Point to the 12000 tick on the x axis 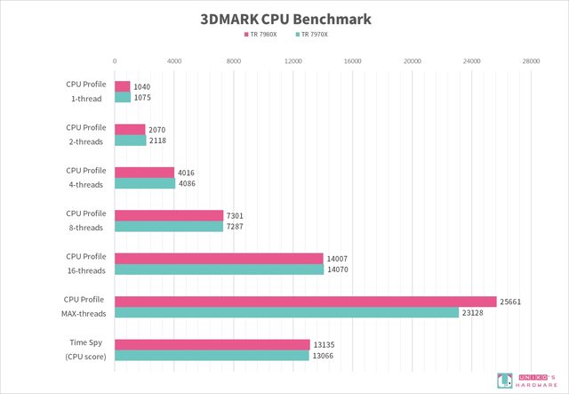pos(293,61)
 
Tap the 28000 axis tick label pos(531,61)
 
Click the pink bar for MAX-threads pos(305,302)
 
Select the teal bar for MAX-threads pos(286,313)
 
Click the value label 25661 pos(511,302)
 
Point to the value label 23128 pos(474,313)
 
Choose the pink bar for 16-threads pos(219,258)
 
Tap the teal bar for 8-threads pos(169,227)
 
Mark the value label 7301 pos(236,215)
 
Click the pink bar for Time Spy pos(212,344)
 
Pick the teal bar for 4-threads pos(145,184)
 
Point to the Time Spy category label pos(85,350)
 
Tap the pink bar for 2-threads pos(130,130)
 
